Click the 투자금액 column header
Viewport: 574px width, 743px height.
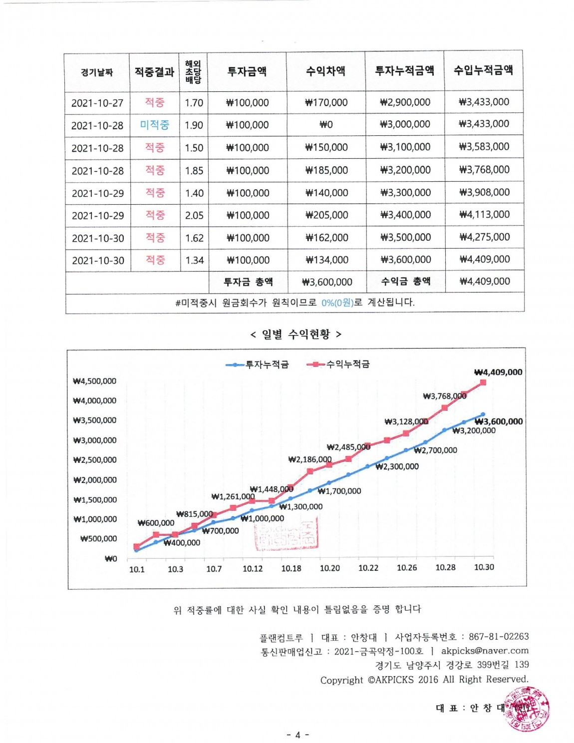247,71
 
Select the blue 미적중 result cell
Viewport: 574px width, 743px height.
154,125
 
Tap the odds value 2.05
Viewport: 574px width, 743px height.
194,215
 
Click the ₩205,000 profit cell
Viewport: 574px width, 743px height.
326,215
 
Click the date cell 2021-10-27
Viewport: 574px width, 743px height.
97,103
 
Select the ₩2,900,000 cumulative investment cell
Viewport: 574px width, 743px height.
405,102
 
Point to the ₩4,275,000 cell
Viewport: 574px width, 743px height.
484,237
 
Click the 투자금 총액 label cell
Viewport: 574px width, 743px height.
248,282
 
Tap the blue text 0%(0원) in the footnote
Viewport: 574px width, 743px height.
337,303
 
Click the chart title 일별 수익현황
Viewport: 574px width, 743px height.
296,334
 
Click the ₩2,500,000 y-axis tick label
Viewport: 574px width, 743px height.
95,460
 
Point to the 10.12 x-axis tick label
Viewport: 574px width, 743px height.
253,569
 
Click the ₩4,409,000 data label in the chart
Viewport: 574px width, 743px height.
498,372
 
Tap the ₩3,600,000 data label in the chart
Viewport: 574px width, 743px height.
499,421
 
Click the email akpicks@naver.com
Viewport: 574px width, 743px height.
485,651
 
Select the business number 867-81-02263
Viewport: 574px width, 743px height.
499,637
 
